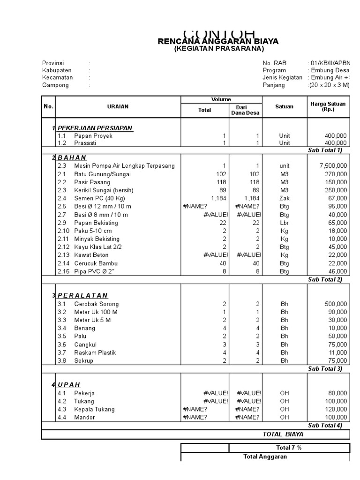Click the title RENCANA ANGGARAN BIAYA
(x=218, y=42)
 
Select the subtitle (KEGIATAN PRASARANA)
(x=219, y=49)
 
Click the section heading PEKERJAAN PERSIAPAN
(x=95, y=128)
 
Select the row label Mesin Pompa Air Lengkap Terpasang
(x=124, y=166)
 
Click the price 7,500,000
(x=333, y=166)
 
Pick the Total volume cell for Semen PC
(x=218, y=198)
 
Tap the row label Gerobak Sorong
(x=97, y=304)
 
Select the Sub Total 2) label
(x=325, y=279)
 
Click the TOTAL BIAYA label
(x=283, y=435)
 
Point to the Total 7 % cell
(x=289, y=448)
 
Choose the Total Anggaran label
(x=265, y=457)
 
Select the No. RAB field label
(x=274, y=63)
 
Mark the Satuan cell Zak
(x=285, y=198)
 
